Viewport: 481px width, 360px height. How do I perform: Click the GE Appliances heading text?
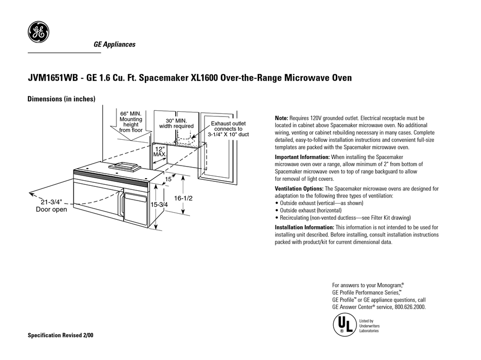114,45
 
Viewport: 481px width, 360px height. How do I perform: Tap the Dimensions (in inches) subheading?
61,100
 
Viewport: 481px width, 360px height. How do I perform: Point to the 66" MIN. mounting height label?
131,122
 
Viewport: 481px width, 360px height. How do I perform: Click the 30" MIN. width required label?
176,123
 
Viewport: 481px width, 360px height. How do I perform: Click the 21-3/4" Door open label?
51,205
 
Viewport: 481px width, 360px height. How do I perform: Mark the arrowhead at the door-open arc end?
32,193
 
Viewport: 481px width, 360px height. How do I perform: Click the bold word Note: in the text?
281,118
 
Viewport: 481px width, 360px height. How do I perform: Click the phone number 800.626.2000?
409,307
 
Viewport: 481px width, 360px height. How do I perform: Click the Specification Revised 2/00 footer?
60,336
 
